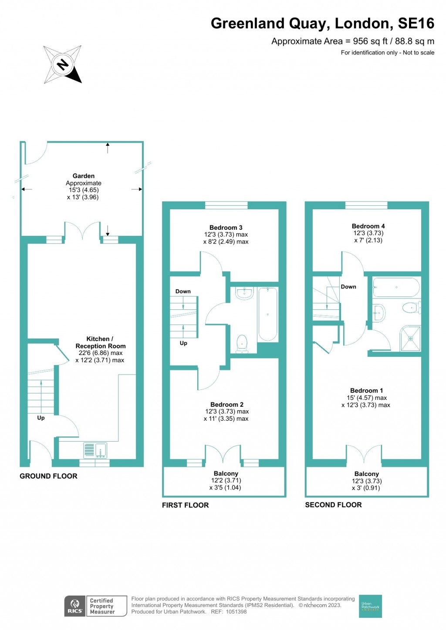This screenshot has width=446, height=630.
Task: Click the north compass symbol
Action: point(63,64)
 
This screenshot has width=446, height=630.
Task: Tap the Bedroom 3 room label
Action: point(226,228)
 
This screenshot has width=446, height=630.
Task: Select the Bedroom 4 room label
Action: point(368,226)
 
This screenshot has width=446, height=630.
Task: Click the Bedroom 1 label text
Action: point(366,391)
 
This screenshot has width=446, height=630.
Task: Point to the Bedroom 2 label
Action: point(226,405)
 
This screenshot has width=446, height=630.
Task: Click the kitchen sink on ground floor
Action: point(95,450)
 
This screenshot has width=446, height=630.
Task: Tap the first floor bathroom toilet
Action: point(241,343)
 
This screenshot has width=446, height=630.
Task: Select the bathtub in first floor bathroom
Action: point(267,314)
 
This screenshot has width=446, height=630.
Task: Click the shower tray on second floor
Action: point(410,338)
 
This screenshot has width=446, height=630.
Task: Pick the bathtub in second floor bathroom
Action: point(396,288)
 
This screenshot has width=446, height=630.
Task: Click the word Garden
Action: point(84,176)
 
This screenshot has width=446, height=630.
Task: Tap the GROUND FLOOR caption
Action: point(48,476)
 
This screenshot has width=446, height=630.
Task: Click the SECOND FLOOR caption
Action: point(333,505)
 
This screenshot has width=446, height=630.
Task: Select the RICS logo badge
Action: point(75,606)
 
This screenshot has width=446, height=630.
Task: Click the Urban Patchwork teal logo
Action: point(370,606)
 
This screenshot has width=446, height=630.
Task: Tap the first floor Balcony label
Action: point(226,473)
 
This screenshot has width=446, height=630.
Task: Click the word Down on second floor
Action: point(348,287)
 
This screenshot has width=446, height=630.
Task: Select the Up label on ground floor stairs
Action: point(41,418)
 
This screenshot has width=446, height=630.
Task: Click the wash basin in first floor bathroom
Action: point(244,293)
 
